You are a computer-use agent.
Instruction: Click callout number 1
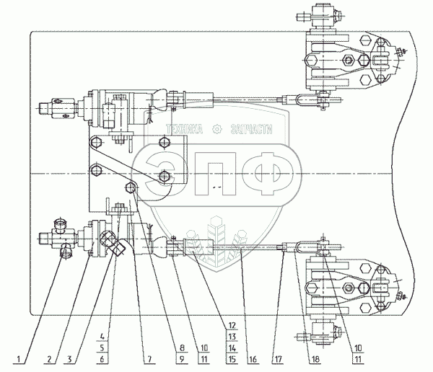coord(19,359)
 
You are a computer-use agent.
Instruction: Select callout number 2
coord(49,359)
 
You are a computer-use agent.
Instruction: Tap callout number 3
coord(69,359)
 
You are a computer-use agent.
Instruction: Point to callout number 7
coord(149,359)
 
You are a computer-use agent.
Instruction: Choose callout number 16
coord(253,359)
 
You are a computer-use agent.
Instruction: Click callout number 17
coord(278,359)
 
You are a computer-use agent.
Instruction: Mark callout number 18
coord(315,359)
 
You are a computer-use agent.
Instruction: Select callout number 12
coord(232,325)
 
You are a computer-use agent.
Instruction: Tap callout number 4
coord(102,337)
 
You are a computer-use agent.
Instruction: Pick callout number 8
coord(182,348)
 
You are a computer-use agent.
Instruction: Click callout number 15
coord(232,359)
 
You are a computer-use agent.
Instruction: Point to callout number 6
coord(102,359)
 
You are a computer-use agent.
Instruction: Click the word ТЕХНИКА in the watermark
coord(184,129)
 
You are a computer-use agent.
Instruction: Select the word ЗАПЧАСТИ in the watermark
coord(252,129)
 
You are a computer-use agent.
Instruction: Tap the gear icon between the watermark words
coord(216,129)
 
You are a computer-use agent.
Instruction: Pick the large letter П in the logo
coord(215,174)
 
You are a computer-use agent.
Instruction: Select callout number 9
coord(182,359)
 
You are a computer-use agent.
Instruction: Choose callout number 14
coord(232,348)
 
